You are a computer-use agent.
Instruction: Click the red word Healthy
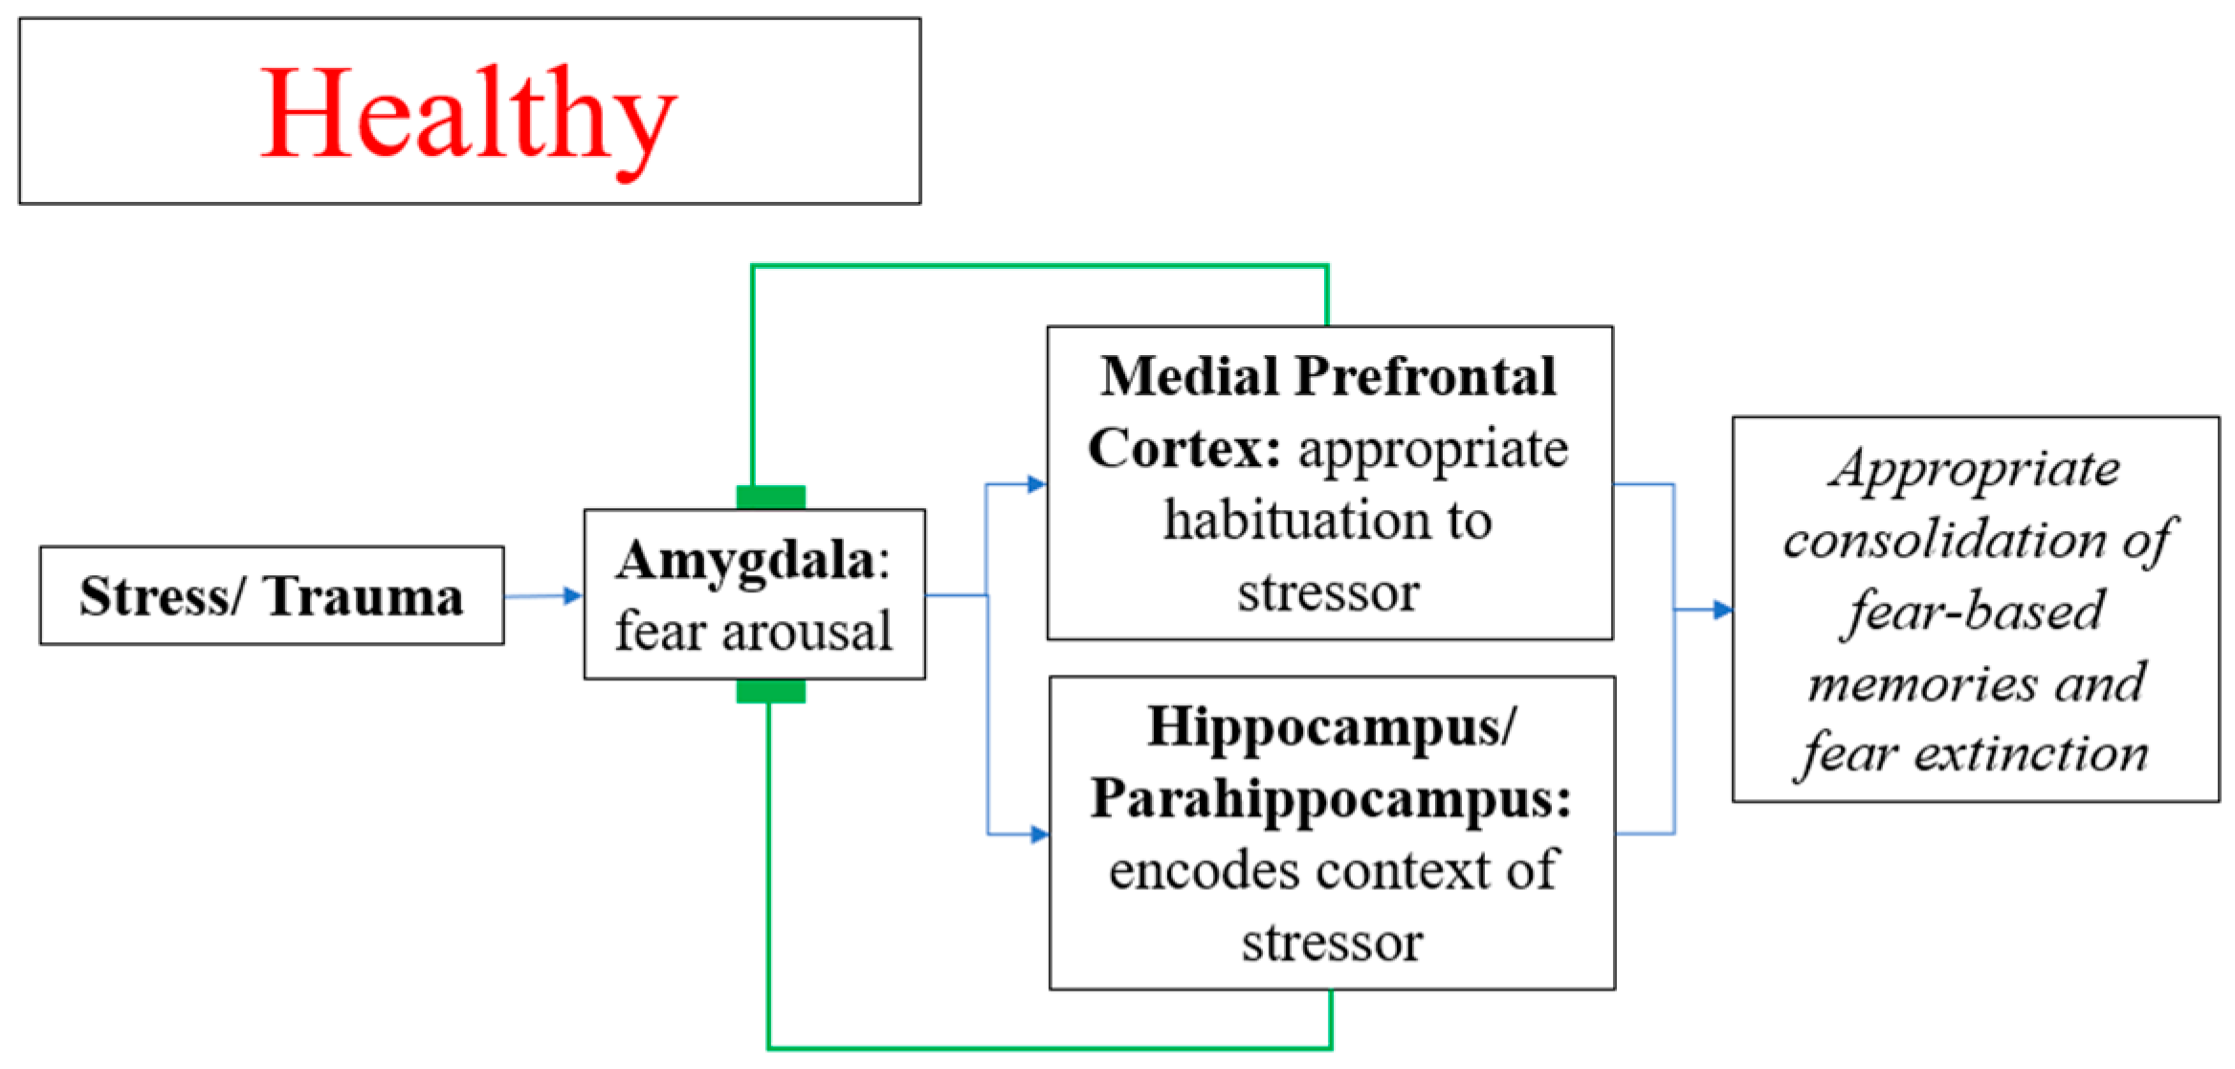click(468, 115)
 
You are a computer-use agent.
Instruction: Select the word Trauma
click(363, 597)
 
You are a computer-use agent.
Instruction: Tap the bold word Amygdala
click(744, 561)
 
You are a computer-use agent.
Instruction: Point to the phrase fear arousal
click(753, 632)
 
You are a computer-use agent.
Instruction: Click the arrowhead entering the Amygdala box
click(572, 596)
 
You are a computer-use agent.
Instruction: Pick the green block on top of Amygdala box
click(770, 497)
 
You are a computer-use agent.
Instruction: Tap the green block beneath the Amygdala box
click(770, 691)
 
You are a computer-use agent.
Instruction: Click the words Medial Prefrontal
click(1327, 376)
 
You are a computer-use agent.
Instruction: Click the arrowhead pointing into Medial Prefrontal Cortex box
click(1036, 484)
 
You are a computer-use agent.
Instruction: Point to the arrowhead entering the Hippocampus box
click(1038, 835)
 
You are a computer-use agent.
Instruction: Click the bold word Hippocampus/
click(1331, 726)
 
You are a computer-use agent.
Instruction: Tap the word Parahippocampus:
click(1330, 798)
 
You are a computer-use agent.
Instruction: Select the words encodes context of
click(1333, 871)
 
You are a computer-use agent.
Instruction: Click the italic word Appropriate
click(1974, 470)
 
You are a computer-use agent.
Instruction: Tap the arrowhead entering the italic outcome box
click(1722, 610)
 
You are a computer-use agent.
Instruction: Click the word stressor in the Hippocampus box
click(1332, 943)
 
